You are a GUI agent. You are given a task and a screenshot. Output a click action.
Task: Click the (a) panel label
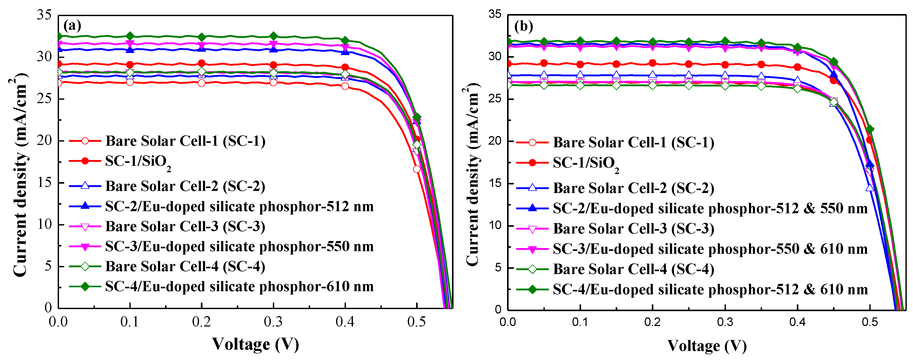click(x=72, y=25)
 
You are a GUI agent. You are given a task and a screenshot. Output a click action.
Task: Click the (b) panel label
click(x=523, y=26)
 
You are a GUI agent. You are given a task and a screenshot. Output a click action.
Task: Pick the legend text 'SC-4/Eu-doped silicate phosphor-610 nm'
click(x=239, y=286)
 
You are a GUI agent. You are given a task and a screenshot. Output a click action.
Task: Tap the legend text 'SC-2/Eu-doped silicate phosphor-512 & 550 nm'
click(x=710, y=208)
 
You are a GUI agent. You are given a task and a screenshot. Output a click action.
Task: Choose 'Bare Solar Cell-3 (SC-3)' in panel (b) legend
click(x=633, y=229)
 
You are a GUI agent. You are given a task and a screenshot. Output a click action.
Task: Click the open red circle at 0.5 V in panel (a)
click(x=417, y=169)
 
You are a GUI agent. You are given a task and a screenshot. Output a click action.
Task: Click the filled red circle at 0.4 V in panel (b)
click(x=797, y=67)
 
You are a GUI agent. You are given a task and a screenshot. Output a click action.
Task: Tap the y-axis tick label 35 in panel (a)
click(x=44, y=15)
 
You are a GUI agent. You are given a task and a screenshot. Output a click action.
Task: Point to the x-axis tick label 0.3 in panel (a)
click(x=273, y=322)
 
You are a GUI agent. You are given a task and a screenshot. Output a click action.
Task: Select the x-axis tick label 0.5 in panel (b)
click(x=870, y=322)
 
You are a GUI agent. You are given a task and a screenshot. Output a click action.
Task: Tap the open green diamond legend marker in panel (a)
click(x=85, y=266)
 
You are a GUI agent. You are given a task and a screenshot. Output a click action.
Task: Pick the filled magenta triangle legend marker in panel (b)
click(x=532, y=249)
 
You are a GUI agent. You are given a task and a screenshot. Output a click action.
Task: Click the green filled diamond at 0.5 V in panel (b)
click(x=870, y=129)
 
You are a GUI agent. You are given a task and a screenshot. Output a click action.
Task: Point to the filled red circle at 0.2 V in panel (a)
click(x=202, y=63)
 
